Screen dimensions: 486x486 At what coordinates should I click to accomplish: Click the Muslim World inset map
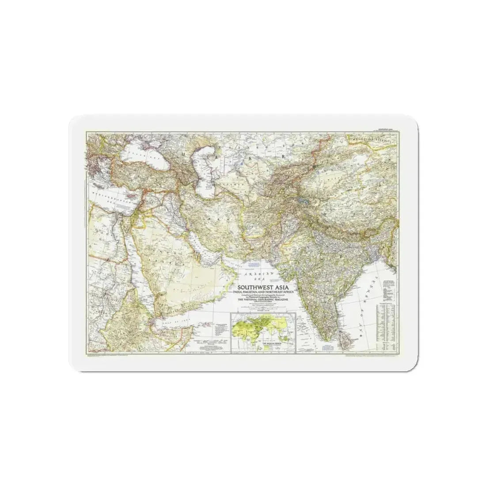click(x=262, y=331)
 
